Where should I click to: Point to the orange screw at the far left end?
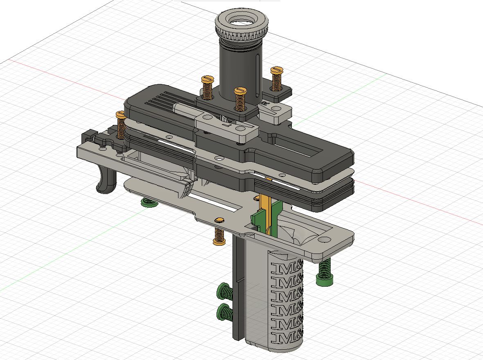coord(121,125)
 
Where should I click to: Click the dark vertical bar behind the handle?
coord(237,287)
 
